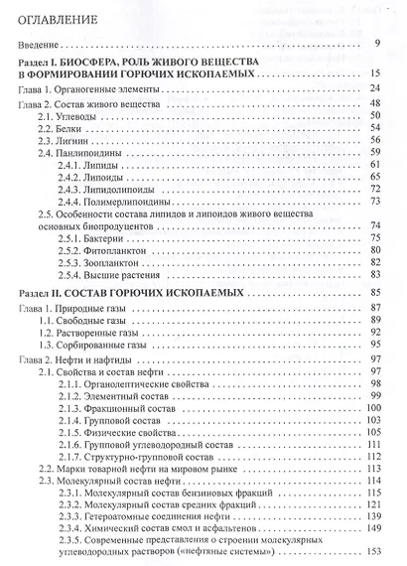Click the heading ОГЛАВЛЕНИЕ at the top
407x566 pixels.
click(72, 18)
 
